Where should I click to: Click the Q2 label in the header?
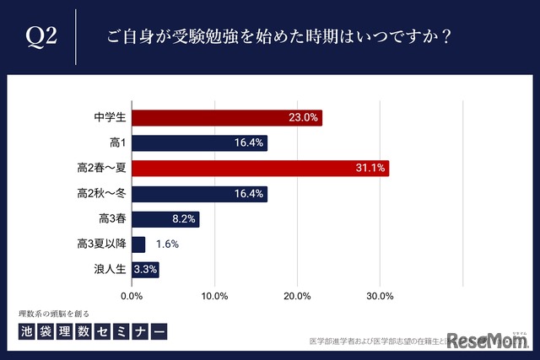click(x=41, y=36)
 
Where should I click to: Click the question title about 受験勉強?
click(x=278, y=37)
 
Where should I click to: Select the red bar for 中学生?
click(x=227, y=118)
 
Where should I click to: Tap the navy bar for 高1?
click(x=199, y=143)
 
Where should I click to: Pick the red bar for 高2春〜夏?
click(x=260, y=169)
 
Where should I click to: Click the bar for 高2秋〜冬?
click(x=199, y=194)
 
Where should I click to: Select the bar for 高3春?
click(x=165, y=219)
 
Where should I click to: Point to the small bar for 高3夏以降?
click(x=138, y=244)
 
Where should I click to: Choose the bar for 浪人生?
click(x=145, y=270)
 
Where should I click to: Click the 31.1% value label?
click(x=370, y=169)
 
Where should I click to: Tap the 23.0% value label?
click(x=303, y=118)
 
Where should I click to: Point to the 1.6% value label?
click(x=166, y=244)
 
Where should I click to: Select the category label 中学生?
click(x=110, y=118)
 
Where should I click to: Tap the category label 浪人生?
click(x=110, y=270)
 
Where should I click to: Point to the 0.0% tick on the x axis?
click(x=132, y=296)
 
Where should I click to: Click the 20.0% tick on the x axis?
click(x=297, y=296)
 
